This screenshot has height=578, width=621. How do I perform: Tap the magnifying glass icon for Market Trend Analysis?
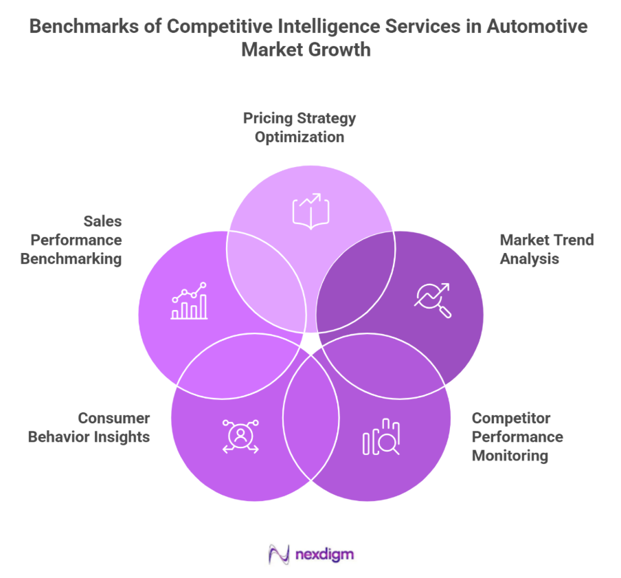(433, 300)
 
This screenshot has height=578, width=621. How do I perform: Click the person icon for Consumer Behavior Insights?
(240, 436)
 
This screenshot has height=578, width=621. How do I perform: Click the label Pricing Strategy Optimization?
(300, 127)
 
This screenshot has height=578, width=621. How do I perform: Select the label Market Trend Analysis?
(547, 249)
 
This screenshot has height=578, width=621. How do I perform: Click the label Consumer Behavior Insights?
(89, 427)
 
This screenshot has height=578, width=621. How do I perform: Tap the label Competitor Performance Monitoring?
(517, 436)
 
